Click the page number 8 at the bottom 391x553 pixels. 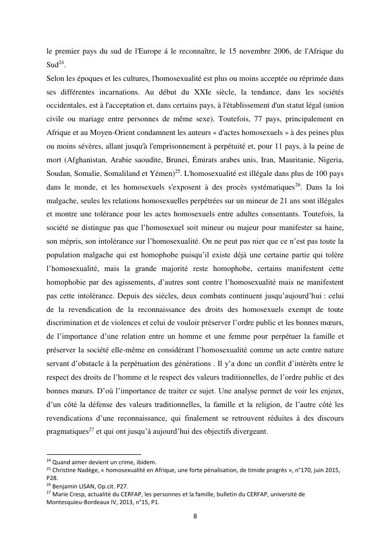[195, 516]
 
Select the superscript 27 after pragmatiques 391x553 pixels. [91, 430]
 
